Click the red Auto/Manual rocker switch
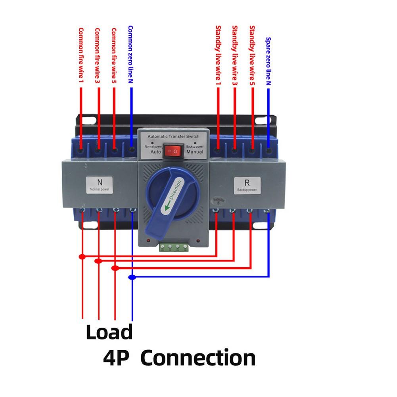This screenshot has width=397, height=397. [173, 151]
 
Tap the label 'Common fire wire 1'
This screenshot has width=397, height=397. [81, 55]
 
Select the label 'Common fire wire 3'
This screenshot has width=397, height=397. [98, 55]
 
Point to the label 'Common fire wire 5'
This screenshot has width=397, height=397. [114, 55]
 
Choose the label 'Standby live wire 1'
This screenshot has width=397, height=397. [218, 55]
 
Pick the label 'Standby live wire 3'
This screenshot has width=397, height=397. [235, 55]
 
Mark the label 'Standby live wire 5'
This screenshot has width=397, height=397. [252, 55]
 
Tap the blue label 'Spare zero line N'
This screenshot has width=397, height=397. [268, 62]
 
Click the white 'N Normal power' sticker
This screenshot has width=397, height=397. [100, 185]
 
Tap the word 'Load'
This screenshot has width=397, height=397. [109, 332]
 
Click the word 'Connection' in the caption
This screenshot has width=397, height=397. [198, 358]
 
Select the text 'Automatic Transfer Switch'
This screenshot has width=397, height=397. [173, 136]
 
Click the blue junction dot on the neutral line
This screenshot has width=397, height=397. [132, 277]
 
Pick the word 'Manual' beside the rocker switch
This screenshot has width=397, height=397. [194, 152]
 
